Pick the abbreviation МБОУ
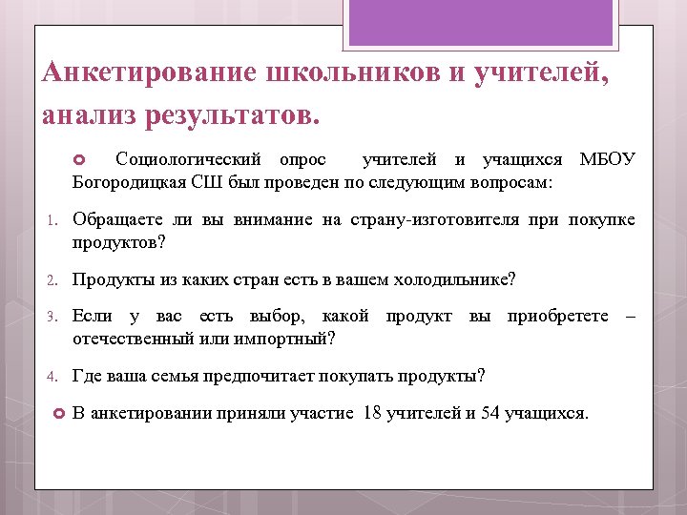click(x=607, y=159)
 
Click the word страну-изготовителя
click(x=447, y=220)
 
